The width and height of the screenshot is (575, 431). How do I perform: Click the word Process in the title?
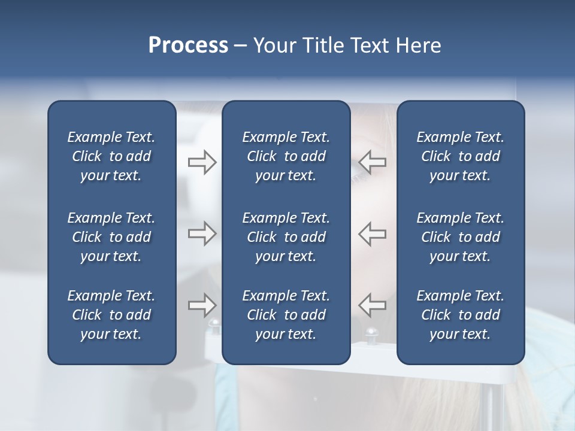pos(188,45)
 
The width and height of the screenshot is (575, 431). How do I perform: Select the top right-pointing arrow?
pos(202,162)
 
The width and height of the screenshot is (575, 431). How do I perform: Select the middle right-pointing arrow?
pos(202,233)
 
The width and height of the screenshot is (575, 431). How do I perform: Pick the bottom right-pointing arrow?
pos(202,305)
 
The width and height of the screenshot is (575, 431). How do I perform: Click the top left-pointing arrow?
pos(373,162)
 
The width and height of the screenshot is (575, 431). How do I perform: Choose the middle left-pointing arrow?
pos(373,233)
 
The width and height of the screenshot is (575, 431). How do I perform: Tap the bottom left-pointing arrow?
pos(373,305)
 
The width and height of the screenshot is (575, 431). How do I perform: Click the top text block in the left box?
pos(111,156)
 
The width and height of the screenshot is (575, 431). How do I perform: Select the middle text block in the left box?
pos(111,237)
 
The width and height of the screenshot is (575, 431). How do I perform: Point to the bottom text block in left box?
pos(111,315)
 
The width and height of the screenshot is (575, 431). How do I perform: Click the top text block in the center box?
pos(286,156)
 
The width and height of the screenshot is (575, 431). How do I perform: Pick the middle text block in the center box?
pos(286,237)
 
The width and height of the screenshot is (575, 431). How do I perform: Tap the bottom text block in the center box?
pos(286,315)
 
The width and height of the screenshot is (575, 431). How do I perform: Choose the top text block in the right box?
pos(460,156)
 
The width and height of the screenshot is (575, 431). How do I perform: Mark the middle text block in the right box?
pos(460,237)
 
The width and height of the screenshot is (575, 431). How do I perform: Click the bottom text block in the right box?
pos(460,315)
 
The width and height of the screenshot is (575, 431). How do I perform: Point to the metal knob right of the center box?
pos(371,332)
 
